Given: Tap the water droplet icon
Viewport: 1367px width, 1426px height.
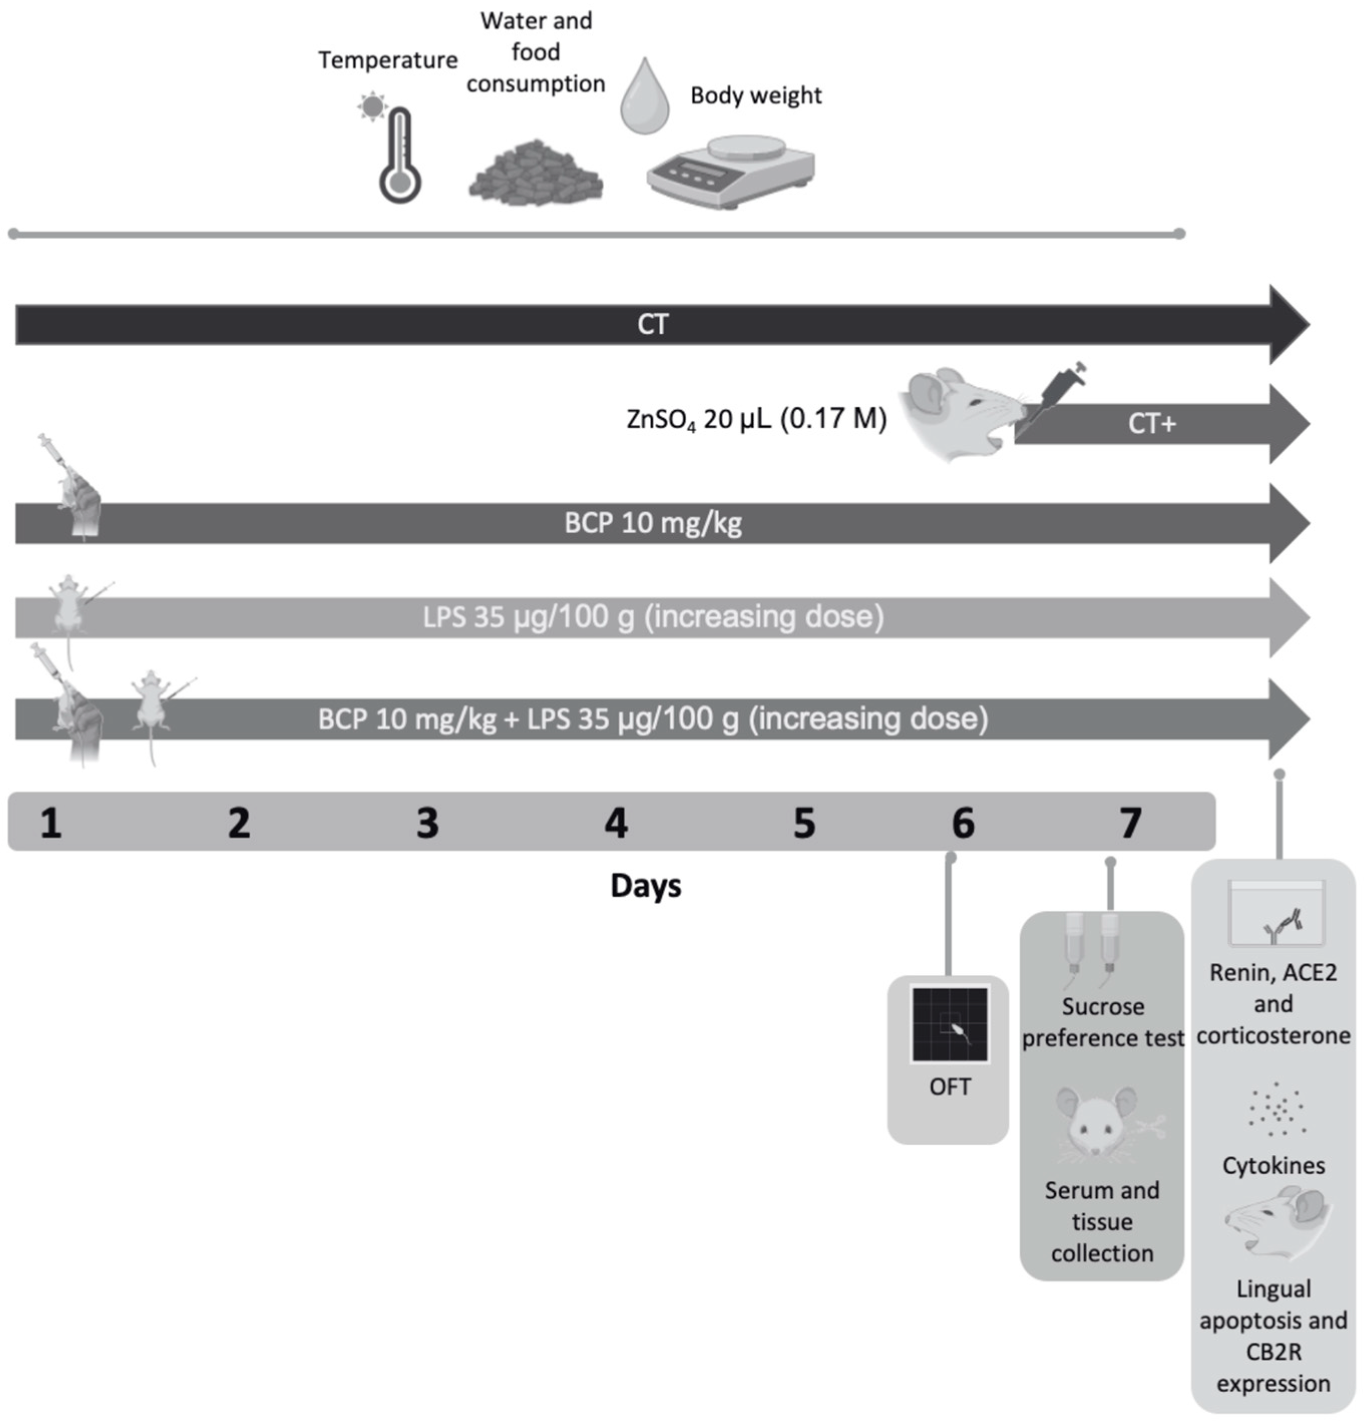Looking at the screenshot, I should tap(644, 98).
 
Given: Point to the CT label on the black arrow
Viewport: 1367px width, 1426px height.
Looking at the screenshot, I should tap(652, 324).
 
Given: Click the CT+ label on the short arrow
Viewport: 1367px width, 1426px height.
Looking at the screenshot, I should tap(1151, 424).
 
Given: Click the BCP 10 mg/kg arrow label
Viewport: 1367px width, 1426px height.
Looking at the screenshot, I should tap(652, 523).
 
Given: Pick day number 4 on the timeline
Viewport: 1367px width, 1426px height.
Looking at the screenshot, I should tap(615, 824).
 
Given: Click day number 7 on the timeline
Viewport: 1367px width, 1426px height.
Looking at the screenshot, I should tap(1130, 824).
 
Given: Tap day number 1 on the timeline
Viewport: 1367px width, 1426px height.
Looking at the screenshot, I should tap(50, 824).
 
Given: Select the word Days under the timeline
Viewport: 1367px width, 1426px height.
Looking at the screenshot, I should tap(645, 886).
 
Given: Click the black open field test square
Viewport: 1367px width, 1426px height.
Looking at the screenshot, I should tap(950, 1024).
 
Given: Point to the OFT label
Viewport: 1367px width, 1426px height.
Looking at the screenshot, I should tap(950, 1087).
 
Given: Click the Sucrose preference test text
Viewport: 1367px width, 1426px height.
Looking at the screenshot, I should tap(1102, 1022).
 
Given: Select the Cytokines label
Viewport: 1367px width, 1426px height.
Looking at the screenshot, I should tap(1273, 1165).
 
